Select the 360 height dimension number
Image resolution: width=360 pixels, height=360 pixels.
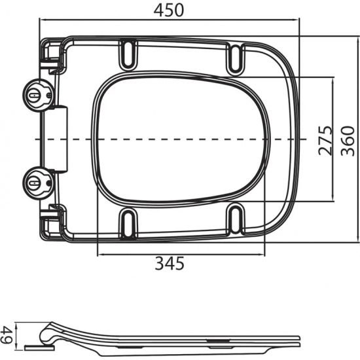[349, 139]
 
